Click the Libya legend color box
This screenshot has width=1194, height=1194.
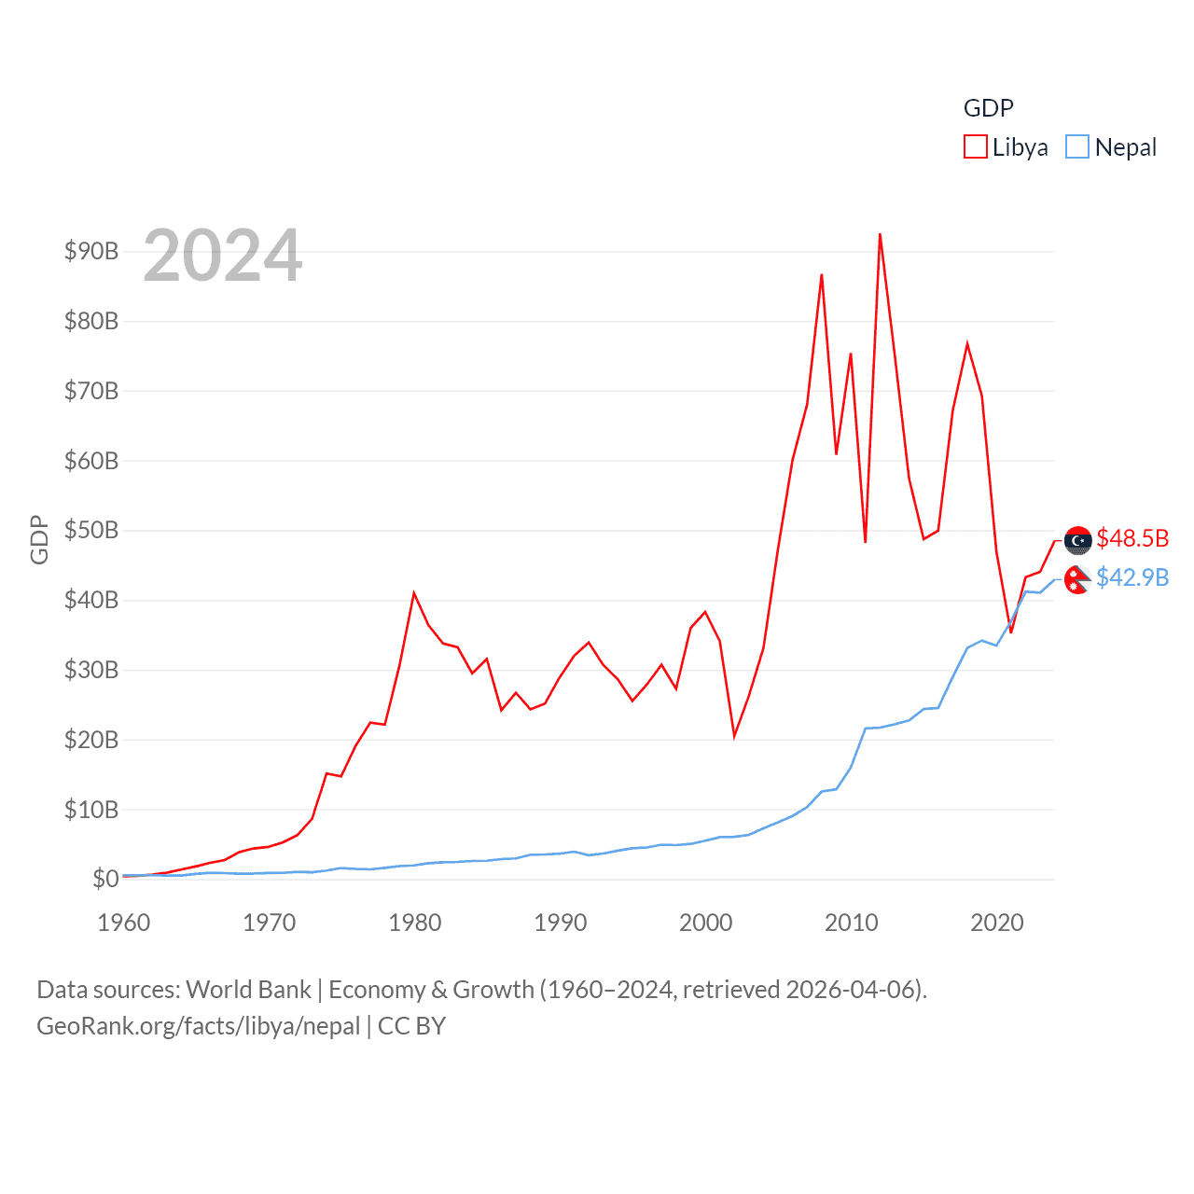976,147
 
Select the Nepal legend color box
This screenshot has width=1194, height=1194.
1077,147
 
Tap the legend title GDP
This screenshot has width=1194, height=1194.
988,108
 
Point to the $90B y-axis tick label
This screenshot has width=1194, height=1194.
90,251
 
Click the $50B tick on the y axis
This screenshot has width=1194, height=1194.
90,531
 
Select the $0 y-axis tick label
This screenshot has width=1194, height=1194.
105,879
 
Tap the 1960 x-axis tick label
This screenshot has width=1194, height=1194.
124,923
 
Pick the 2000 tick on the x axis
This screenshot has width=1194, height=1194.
706,923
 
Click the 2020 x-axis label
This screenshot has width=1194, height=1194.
997,923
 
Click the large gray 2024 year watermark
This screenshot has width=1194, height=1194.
223,256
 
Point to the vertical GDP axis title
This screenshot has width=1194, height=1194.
38,539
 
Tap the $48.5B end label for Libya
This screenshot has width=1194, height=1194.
1132,538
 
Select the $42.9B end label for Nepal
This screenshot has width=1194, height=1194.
1132,578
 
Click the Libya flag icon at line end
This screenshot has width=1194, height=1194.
1078,540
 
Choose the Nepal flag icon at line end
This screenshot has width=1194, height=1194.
1077,579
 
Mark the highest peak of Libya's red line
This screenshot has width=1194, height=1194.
880,234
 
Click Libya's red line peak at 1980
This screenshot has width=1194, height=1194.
414,593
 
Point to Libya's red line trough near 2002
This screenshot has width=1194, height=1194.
734,736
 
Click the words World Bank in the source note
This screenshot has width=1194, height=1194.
248,990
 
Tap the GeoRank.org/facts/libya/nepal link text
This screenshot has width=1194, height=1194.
198,1026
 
